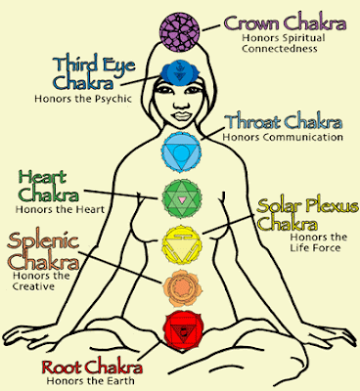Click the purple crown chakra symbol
tap(179, 31)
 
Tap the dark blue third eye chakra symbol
tap(178, 73)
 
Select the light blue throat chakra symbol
tap(181, 152)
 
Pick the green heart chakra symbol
tap(182, 198)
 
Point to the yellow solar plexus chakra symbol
tap(182, 244)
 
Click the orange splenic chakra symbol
tap(182, 288)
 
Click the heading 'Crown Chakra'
tap(285, 23)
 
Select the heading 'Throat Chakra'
tap(284, 122)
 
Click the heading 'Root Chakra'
tap(92, 368)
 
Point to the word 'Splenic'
tap(43, 241)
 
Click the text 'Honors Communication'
tap(283, 137)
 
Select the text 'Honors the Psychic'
tap(83, 99)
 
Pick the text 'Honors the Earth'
tap(90, 380)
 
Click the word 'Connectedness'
tap(280, 49)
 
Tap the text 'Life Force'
tap(315, 247)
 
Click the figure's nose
tap(179, 104)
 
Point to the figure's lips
tap(180, 116)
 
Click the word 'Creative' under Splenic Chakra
tap(33, 286)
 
